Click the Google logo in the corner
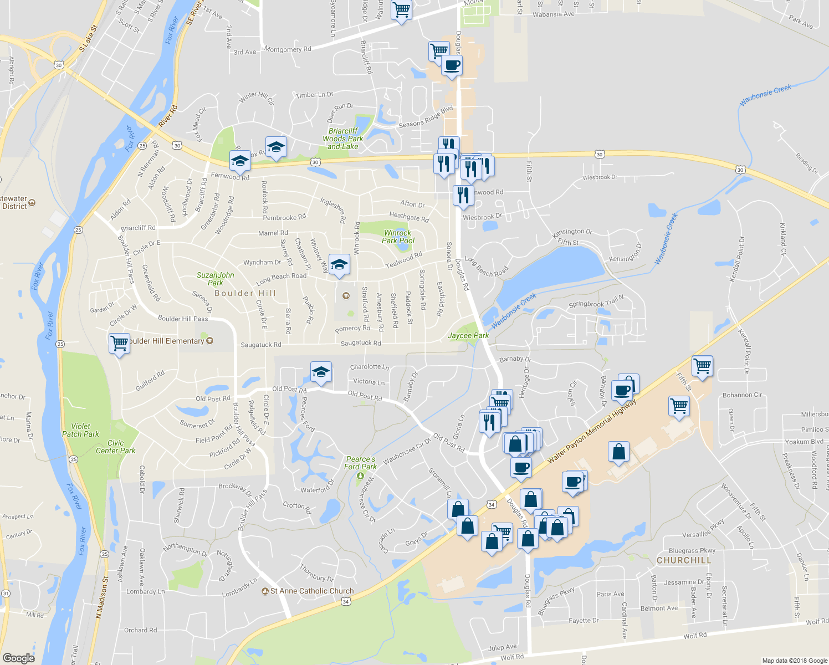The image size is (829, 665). point(18,658)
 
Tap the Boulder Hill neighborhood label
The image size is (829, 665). point(245,293)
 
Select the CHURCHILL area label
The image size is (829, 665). point(684,560)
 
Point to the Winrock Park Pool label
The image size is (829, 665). point(398,237)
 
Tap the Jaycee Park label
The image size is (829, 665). point(468,335)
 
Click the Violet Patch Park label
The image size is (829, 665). point(80,430)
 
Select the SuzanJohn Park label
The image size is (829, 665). point(216,278)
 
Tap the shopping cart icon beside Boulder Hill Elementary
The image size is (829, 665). point(119,344)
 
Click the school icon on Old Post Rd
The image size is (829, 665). point(320,372)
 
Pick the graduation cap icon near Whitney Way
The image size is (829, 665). point(339,265)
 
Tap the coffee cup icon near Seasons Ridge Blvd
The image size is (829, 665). point(452,65)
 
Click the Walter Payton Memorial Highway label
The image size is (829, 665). point(592,431)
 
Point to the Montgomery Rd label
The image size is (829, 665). point(288,49)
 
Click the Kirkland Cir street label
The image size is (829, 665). point(783,239)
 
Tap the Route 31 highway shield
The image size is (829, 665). point(6,593)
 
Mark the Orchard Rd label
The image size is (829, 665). point(140,630)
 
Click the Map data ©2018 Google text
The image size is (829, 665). point(794,661)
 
